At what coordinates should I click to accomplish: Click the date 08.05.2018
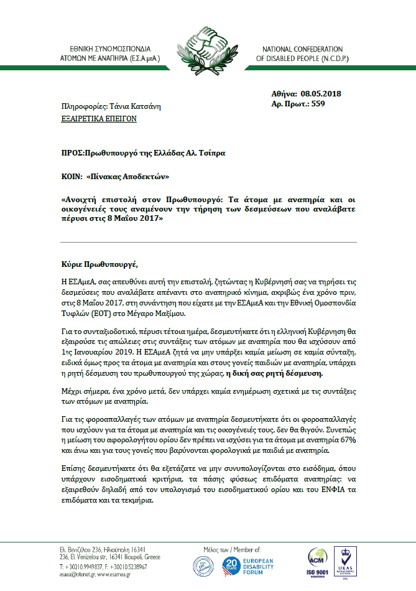[321, 93]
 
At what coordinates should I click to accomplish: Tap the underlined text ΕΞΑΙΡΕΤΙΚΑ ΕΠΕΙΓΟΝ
[99, 118]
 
